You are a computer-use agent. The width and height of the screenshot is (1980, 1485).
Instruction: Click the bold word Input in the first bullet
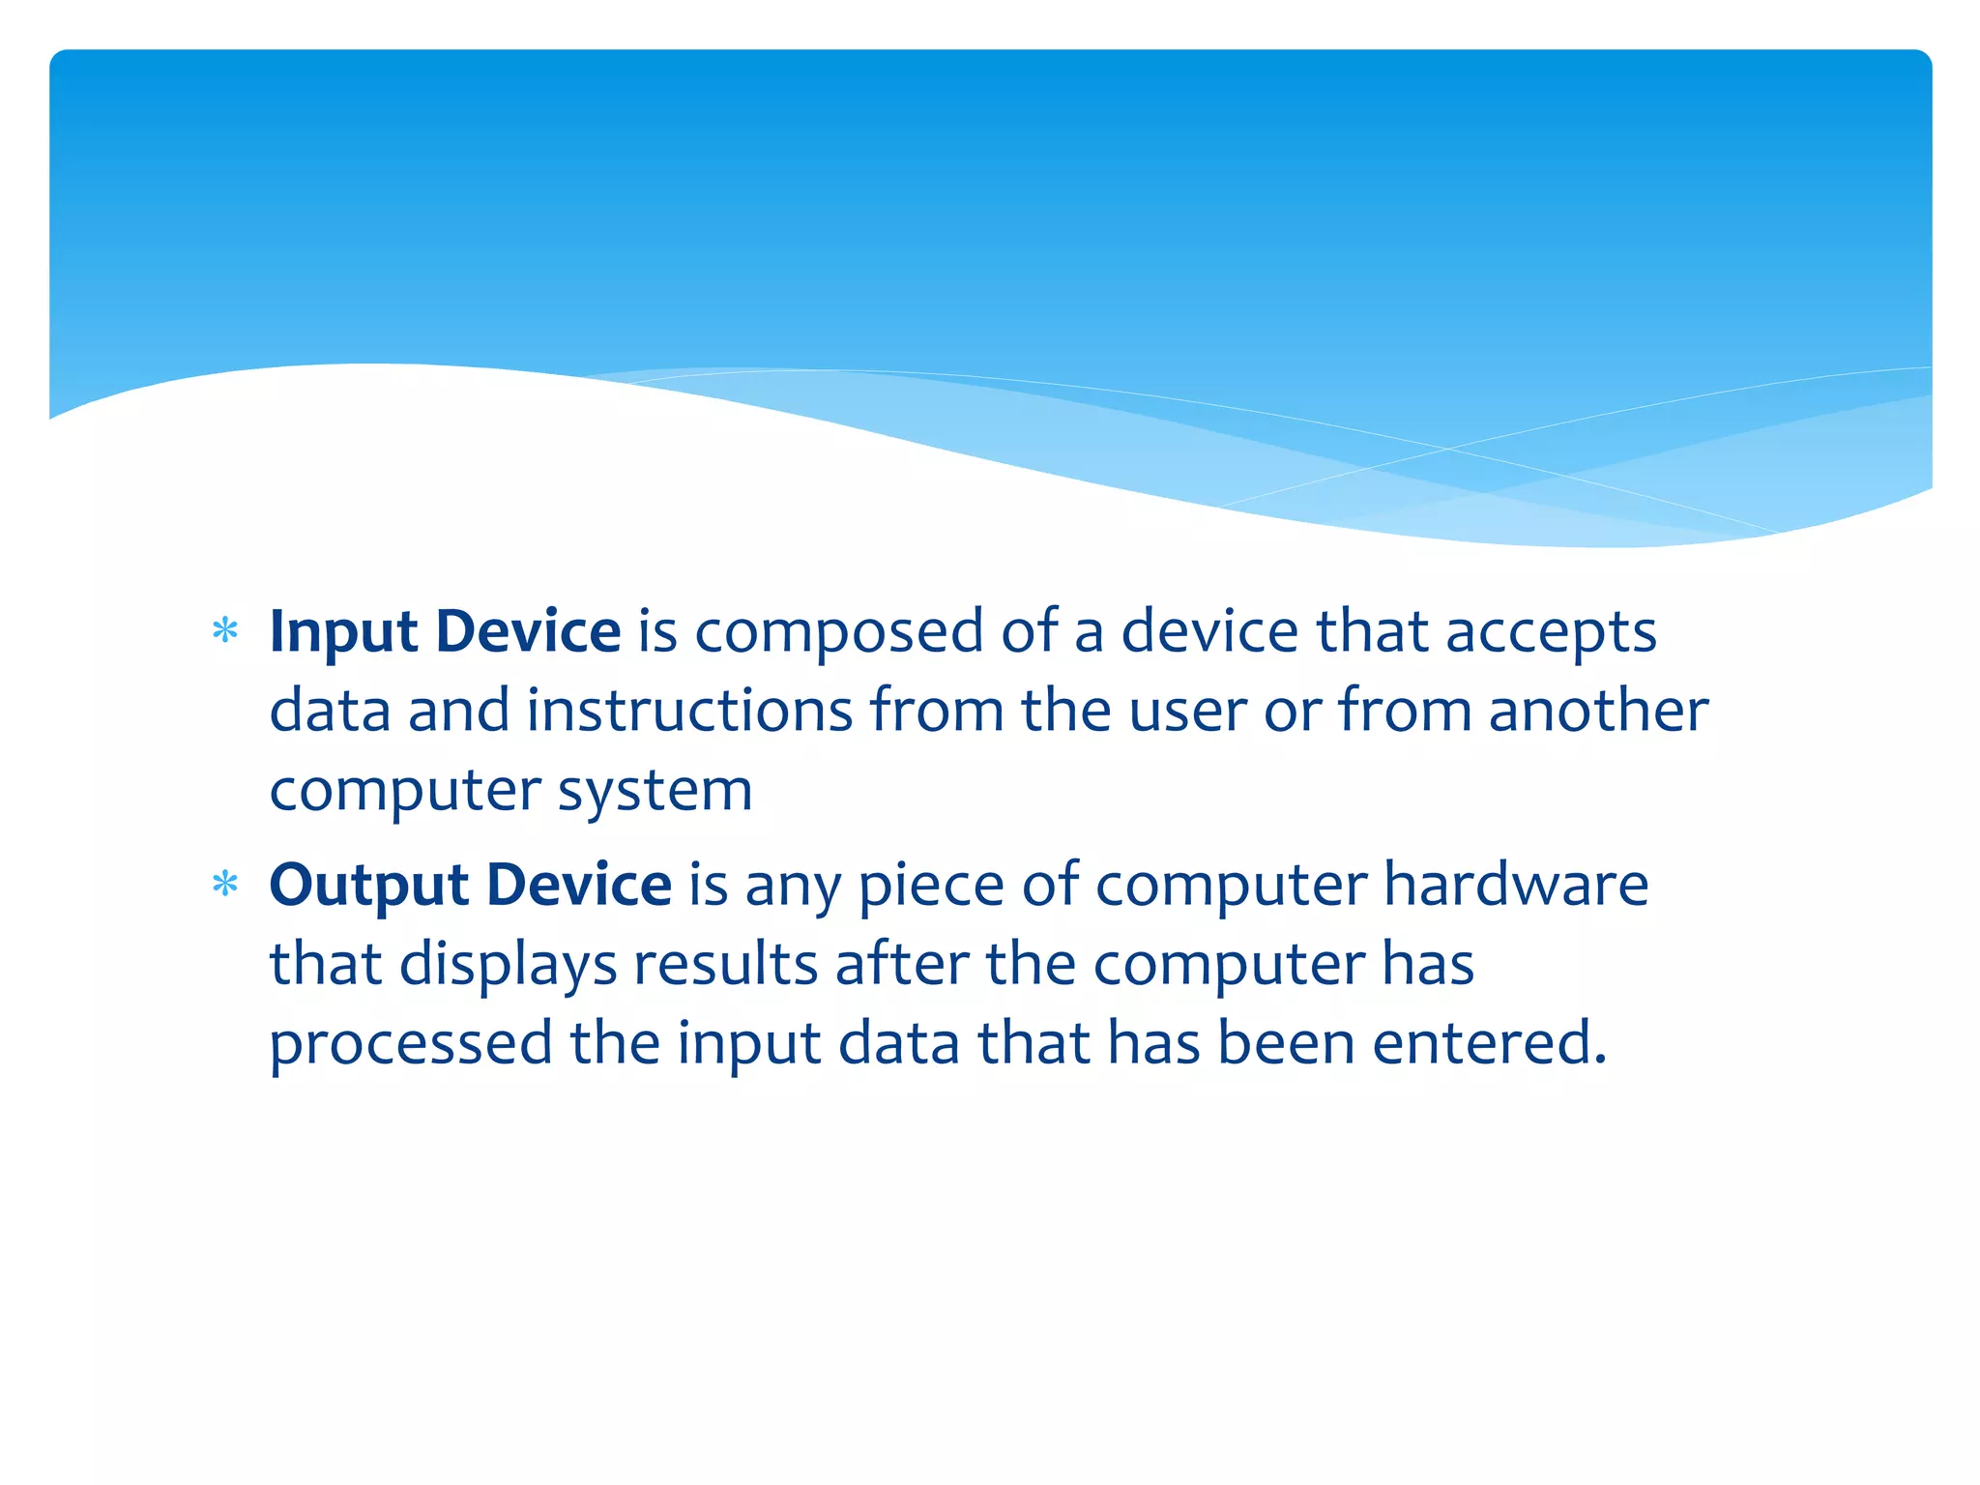[343, 634]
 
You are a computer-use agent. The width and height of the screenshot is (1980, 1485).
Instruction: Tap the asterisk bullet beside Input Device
[225, 632]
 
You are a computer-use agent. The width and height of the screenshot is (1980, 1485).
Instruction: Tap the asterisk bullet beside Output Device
[225, 885]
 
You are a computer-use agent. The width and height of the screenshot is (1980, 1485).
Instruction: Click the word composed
[838, 634]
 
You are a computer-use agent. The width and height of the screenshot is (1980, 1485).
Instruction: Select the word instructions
[689, 712]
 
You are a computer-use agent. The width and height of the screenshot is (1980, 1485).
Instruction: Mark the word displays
[508, 966]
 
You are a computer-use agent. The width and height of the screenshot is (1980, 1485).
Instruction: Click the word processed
[411, 1046]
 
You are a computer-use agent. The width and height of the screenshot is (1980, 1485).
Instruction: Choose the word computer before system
[405, 793]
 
